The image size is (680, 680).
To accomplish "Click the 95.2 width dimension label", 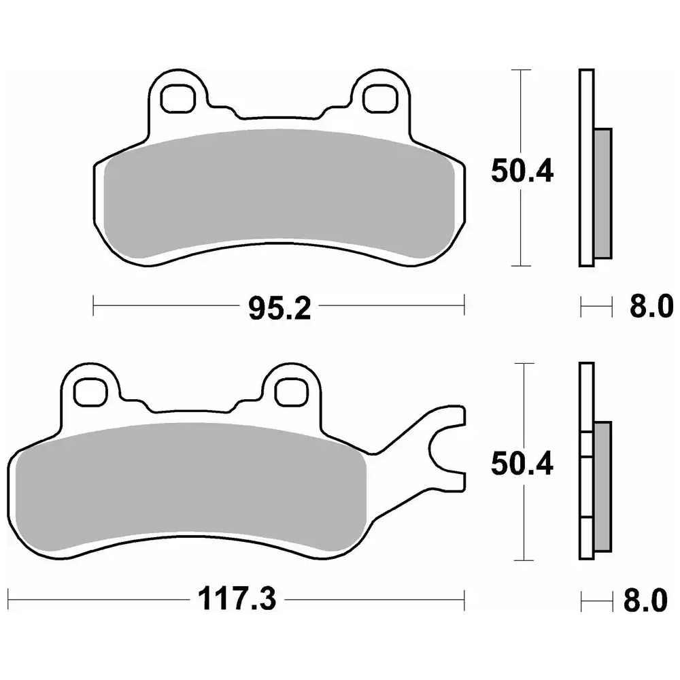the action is click(x=279, y=309).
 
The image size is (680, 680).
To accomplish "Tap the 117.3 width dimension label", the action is click(x=237, y=599).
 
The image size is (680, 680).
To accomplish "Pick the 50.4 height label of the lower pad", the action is click(x=522, y=464).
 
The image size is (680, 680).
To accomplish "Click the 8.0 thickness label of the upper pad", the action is click(x=651, y=306).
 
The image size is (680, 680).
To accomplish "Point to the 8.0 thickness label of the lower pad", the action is click(x=646, y=600).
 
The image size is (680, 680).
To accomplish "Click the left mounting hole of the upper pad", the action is click(x=177, y=99).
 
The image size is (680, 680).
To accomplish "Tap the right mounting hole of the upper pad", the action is click(x=380, y=99).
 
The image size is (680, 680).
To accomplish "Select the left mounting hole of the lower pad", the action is click(x=90, y=392).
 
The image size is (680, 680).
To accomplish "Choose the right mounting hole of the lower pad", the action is click(x=292, y=392).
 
